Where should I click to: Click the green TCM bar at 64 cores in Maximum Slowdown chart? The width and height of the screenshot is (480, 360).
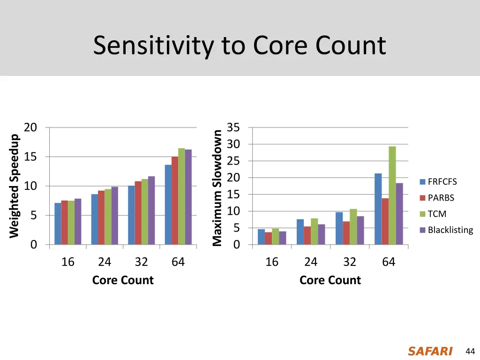(392, 195)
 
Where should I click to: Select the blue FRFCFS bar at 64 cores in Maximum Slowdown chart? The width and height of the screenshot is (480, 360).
(378, 209)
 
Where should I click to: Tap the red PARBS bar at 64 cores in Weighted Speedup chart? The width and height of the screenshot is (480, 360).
(174, 201)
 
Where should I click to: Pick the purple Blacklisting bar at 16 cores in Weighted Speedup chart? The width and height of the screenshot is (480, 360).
(78, 222)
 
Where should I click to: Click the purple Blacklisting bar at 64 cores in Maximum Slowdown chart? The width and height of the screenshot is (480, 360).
(399, 214)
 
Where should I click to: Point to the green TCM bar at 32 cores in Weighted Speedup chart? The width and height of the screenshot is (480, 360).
(144, 212)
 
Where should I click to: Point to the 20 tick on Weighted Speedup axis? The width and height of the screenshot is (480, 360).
(30, 127)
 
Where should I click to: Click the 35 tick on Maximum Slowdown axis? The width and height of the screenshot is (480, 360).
(233, 127)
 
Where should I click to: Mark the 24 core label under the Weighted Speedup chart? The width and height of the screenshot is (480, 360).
(105, 262)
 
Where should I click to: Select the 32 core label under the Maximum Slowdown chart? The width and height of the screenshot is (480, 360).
(350, 262)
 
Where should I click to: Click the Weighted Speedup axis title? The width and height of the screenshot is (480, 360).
(15, 186)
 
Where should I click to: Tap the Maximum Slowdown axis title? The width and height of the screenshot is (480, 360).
(217, 187)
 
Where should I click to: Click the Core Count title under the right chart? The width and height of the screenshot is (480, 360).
(330, 280)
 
